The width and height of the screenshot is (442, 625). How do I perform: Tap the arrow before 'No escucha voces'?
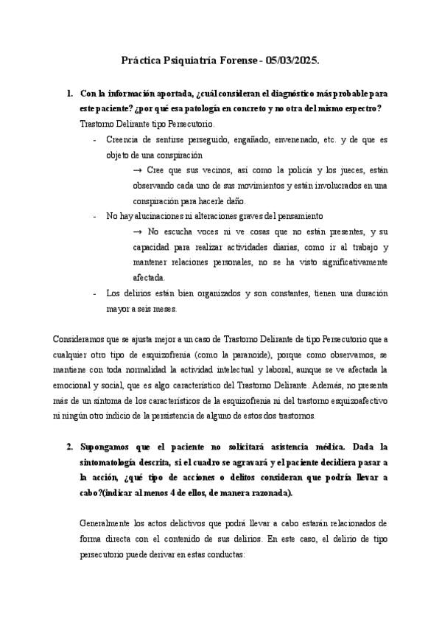click(137, 232)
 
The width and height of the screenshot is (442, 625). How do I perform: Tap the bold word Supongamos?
click(108, 447)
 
